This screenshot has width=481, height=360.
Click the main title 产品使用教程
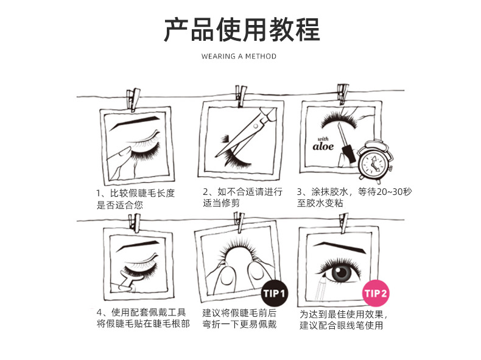point(241,30)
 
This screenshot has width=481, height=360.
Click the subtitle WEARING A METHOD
point(239,56)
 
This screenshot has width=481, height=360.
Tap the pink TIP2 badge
point(376,294)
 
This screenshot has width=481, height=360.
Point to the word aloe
point(323,146)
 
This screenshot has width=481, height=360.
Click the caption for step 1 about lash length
point(135,199)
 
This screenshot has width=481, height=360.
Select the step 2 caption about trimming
point(242,199)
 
